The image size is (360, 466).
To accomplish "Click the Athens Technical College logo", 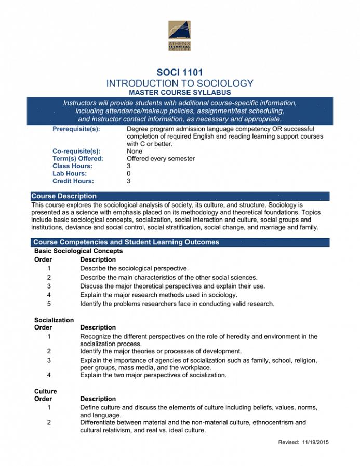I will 179,36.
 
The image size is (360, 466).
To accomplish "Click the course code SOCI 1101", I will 180,73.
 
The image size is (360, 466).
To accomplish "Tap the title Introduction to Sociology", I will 180,83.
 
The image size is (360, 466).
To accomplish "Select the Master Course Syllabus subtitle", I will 180,92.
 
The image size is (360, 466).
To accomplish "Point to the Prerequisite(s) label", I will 76,129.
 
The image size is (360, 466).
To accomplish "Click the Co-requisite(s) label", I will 76,151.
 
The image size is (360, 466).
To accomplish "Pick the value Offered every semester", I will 161,158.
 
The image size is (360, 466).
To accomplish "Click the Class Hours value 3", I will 129,166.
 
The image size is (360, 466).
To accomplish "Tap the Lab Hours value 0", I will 129,173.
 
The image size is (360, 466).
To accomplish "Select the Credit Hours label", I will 73,181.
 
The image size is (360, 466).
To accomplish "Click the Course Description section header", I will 64,196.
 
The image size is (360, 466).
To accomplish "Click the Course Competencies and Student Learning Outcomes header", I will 126,242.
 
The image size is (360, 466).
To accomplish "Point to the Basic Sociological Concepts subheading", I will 78,251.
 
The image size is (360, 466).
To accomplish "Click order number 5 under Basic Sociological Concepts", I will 49,304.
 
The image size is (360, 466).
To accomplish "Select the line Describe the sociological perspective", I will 134,268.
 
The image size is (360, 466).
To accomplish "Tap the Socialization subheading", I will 54,320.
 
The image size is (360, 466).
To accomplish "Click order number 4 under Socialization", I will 49,375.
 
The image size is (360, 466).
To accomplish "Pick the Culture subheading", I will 46,391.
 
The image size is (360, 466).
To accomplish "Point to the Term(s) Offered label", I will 78,158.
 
